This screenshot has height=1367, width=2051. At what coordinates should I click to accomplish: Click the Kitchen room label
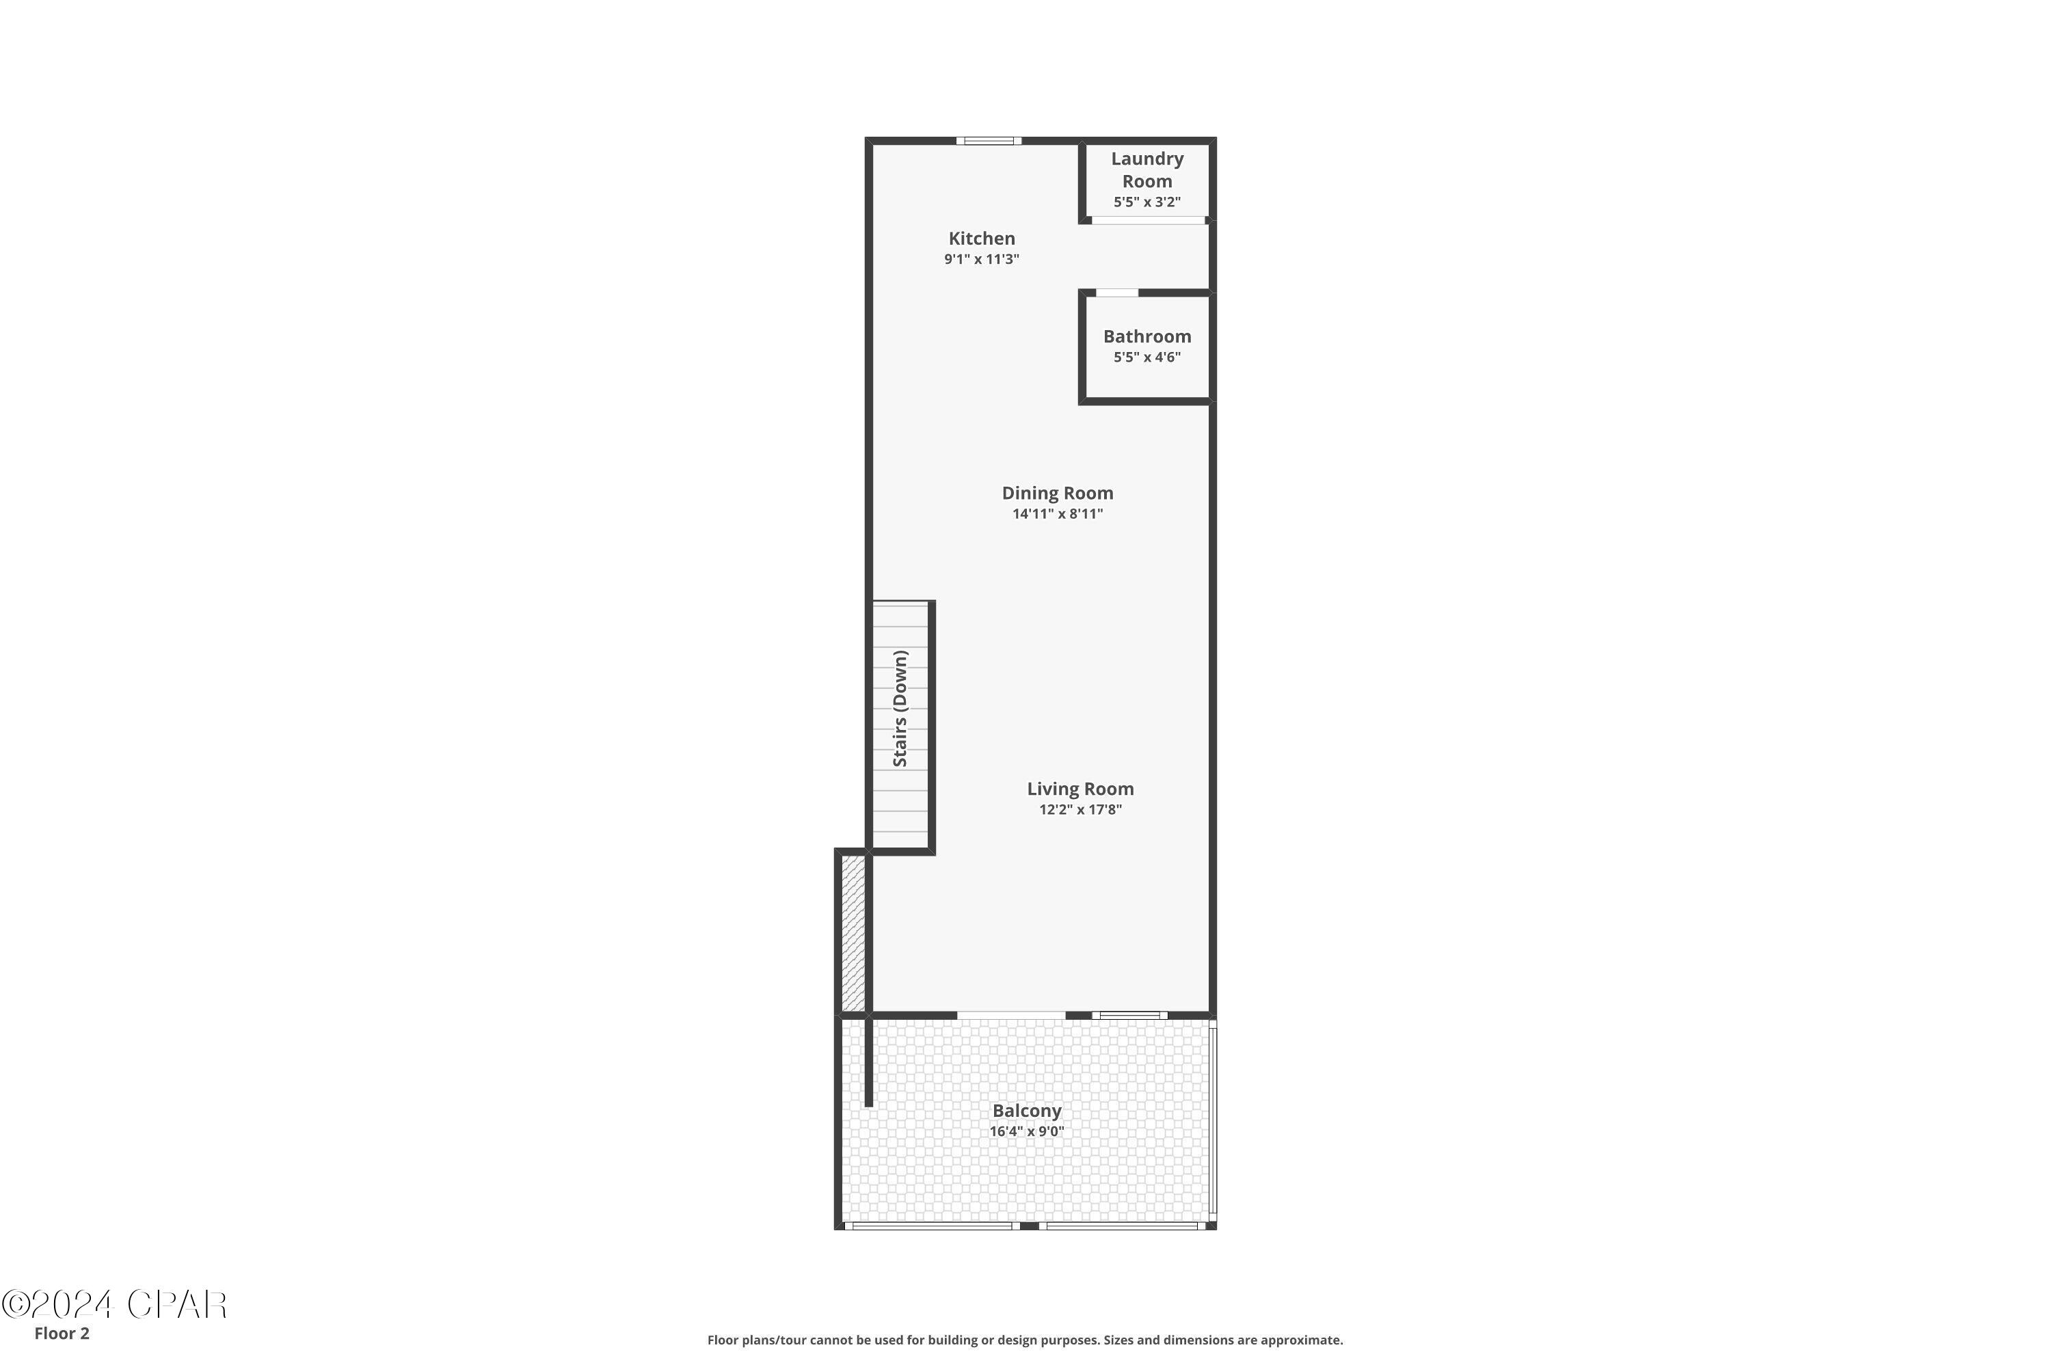coord(981,238)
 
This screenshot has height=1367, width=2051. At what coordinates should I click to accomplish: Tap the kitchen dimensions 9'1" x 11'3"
coord(981,259)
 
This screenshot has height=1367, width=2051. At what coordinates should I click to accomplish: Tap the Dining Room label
coord(1057,493)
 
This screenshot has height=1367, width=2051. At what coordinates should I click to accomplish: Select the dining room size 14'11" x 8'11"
coord(1057,513)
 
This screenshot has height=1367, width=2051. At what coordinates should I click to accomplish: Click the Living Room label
coord(1080,789)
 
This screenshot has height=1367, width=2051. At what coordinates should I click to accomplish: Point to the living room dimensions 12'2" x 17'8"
coord(1080,809)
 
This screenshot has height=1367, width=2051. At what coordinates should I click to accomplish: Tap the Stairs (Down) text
coord(900,709)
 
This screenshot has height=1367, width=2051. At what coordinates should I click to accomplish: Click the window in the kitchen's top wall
coord(988,140)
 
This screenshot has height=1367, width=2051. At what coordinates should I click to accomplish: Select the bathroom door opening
coord(1117,293)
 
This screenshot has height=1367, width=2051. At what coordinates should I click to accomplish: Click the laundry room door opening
coord(1148,219)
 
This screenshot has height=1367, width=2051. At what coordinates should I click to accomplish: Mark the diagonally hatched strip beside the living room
coord(853,934)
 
